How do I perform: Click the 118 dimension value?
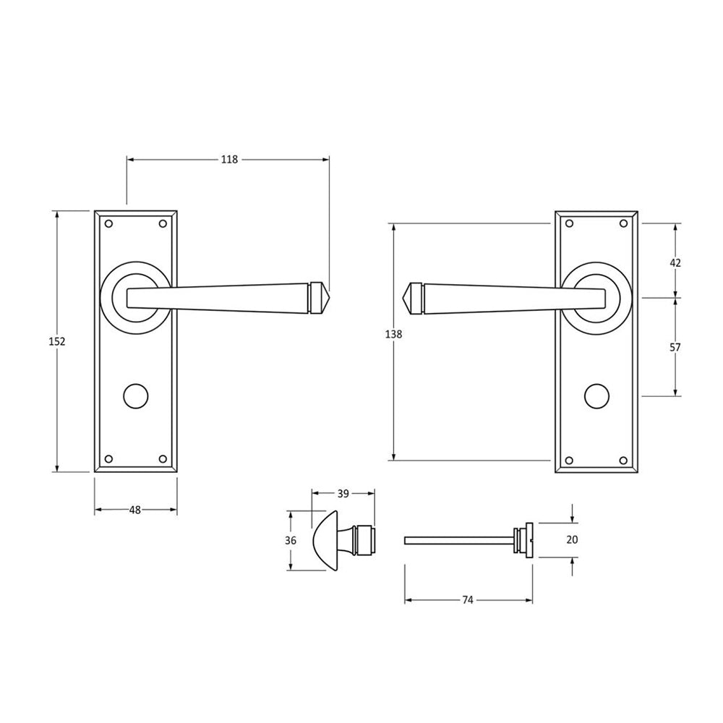[x=229, y=160]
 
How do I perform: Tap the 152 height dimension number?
[x=57, y=342]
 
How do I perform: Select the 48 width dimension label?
[x=134, y=510]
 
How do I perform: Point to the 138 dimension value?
[x=393, y=334]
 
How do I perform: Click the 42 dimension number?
[x=675, y=263]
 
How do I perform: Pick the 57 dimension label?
[x=675, y=347]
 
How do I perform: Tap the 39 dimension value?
[x=343, y=494]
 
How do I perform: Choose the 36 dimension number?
[x=291, y=540]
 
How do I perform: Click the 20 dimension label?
[x=572, y=539]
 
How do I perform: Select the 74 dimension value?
[x=468, y=600]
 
